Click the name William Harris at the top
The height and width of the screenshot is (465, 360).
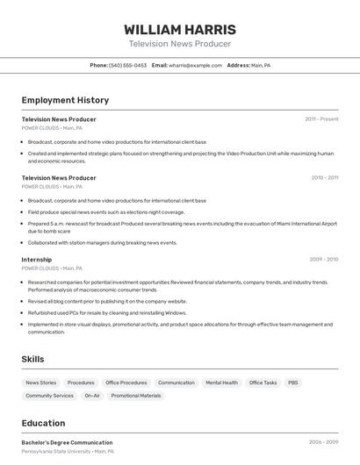[x=180, y=29]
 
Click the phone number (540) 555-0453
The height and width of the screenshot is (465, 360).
[x=127, y=65]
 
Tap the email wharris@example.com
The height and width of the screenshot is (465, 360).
[x=195, y=65]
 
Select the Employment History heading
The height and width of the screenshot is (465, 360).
[x=65, y=100]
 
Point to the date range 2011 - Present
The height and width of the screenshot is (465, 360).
[x=321, y=119]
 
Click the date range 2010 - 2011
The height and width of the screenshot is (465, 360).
[x=324, y=178]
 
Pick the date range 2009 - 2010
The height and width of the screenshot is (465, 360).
[x=323, y=260]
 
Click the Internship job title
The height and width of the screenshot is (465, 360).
[x=37, y=260]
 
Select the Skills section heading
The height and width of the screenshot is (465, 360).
[x=32, y=359]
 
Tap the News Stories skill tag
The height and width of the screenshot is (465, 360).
[x=41, y=383]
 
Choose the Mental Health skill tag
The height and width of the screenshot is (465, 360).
[x=221, y=383]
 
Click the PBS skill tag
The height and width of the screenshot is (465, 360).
[x=292, y=383]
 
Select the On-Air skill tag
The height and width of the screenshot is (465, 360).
[x=92, y=396]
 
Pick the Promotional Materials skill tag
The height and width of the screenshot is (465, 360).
[x=136, y=396]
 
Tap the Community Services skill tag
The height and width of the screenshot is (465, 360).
[x=50, y=396]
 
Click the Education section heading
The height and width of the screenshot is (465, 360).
[x=43, y=423]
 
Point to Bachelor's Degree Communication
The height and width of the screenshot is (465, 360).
[x=67, y=442]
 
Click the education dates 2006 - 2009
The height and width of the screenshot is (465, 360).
[x=323, y=442]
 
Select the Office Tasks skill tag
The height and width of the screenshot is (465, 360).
[x=263, y=383]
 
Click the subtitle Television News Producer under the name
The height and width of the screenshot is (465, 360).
[x=180, y=44]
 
